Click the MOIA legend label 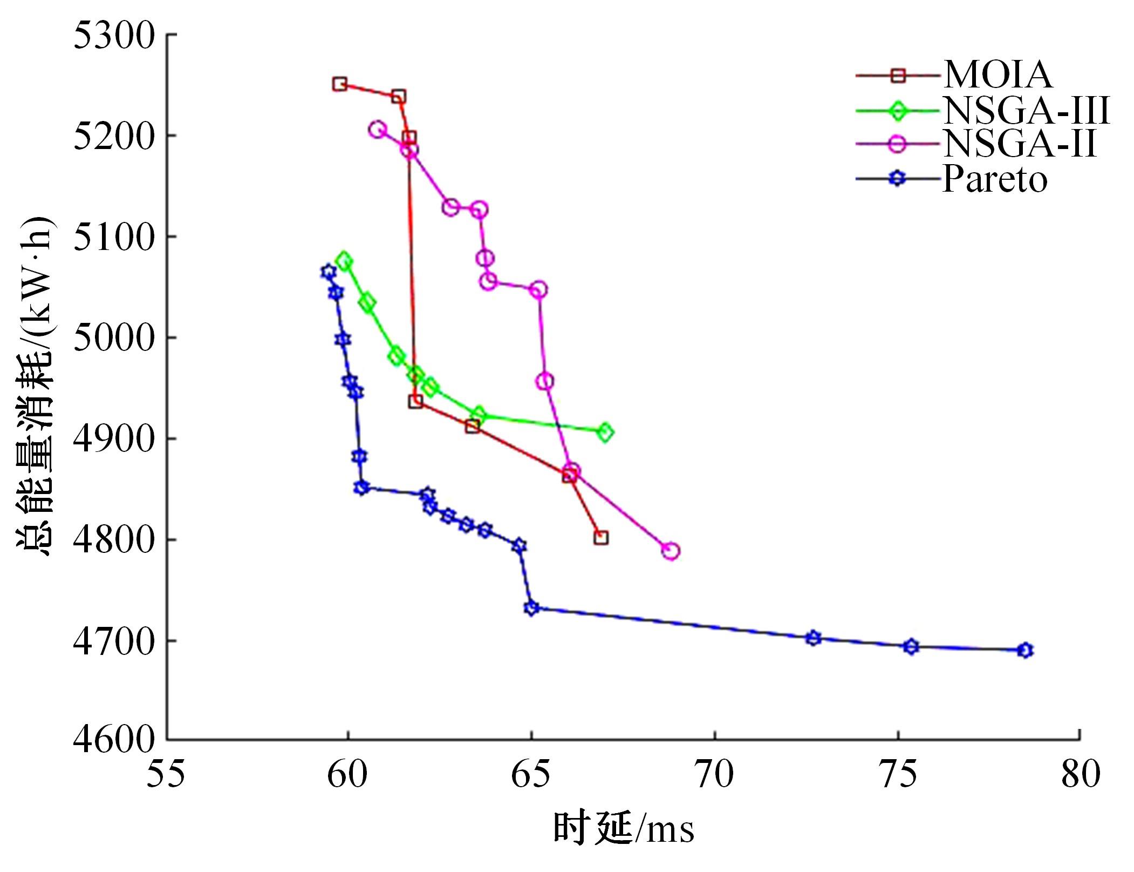click(x=998, y=75)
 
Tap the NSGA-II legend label click(x=1020, y=144)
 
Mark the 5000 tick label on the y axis click(x=114, y=338)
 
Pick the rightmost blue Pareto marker click(x=1025, y=650)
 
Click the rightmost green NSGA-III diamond click(x=605, y=432)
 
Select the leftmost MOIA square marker click(x=339, y=84)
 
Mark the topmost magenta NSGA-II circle click(x=378, y=130)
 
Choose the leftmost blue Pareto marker click(x=328, y=272)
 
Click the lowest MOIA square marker click(x=601, y=538)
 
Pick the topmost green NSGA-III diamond click(x=344, y=262)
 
